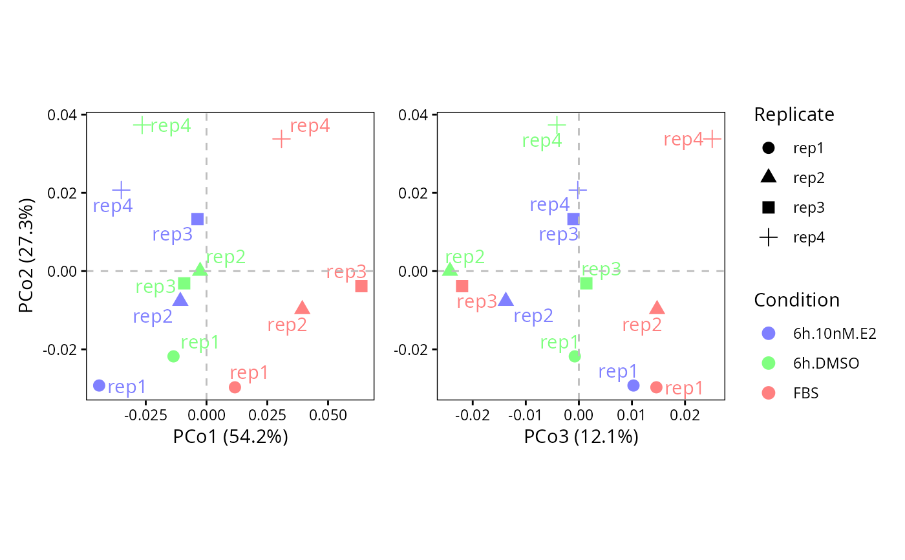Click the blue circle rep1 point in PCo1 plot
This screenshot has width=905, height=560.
coord(99,385)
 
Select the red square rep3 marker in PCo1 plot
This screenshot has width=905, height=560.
coord(361,286)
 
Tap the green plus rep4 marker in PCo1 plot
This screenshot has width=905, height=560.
coord(142,125)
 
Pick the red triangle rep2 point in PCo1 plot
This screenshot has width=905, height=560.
coord(303,308)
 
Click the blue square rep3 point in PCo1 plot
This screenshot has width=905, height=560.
coord(197,219)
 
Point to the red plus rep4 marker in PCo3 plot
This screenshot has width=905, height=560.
coord(712,140)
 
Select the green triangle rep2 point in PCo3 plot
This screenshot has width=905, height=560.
coord(450,270)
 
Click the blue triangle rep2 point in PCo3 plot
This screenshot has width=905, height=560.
coord(506,299)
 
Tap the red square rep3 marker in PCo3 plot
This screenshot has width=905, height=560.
coord(462,286)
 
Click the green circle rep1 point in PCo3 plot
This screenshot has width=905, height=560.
coord(575,356)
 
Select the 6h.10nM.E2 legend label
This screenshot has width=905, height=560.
coord(835,333)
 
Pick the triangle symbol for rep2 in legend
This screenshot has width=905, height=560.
coord(769,177)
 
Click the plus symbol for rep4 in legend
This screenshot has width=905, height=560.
coord(769,237)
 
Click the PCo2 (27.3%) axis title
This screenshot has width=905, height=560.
coord(26,255)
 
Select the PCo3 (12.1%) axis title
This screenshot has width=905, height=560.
coord(581,436)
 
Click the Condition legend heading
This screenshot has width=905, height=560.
coord(796,300)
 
